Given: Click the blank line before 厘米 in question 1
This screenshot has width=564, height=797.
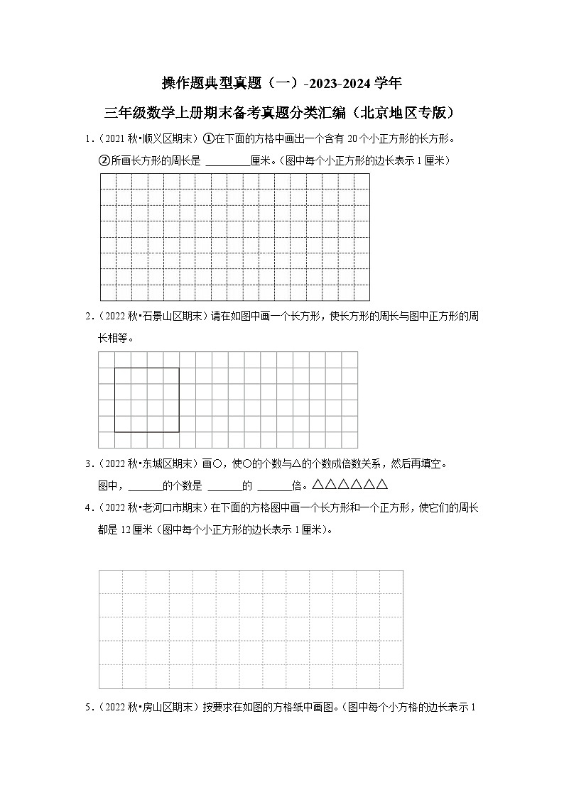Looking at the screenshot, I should pos(227,161).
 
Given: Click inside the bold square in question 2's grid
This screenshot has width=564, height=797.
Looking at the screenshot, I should pos(146,400).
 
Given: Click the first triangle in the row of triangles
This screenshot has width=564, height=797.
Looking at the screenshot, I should pos(318,485).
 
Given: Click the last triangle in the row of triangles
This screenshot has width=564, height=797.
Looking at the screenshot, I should pos(382,485).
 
